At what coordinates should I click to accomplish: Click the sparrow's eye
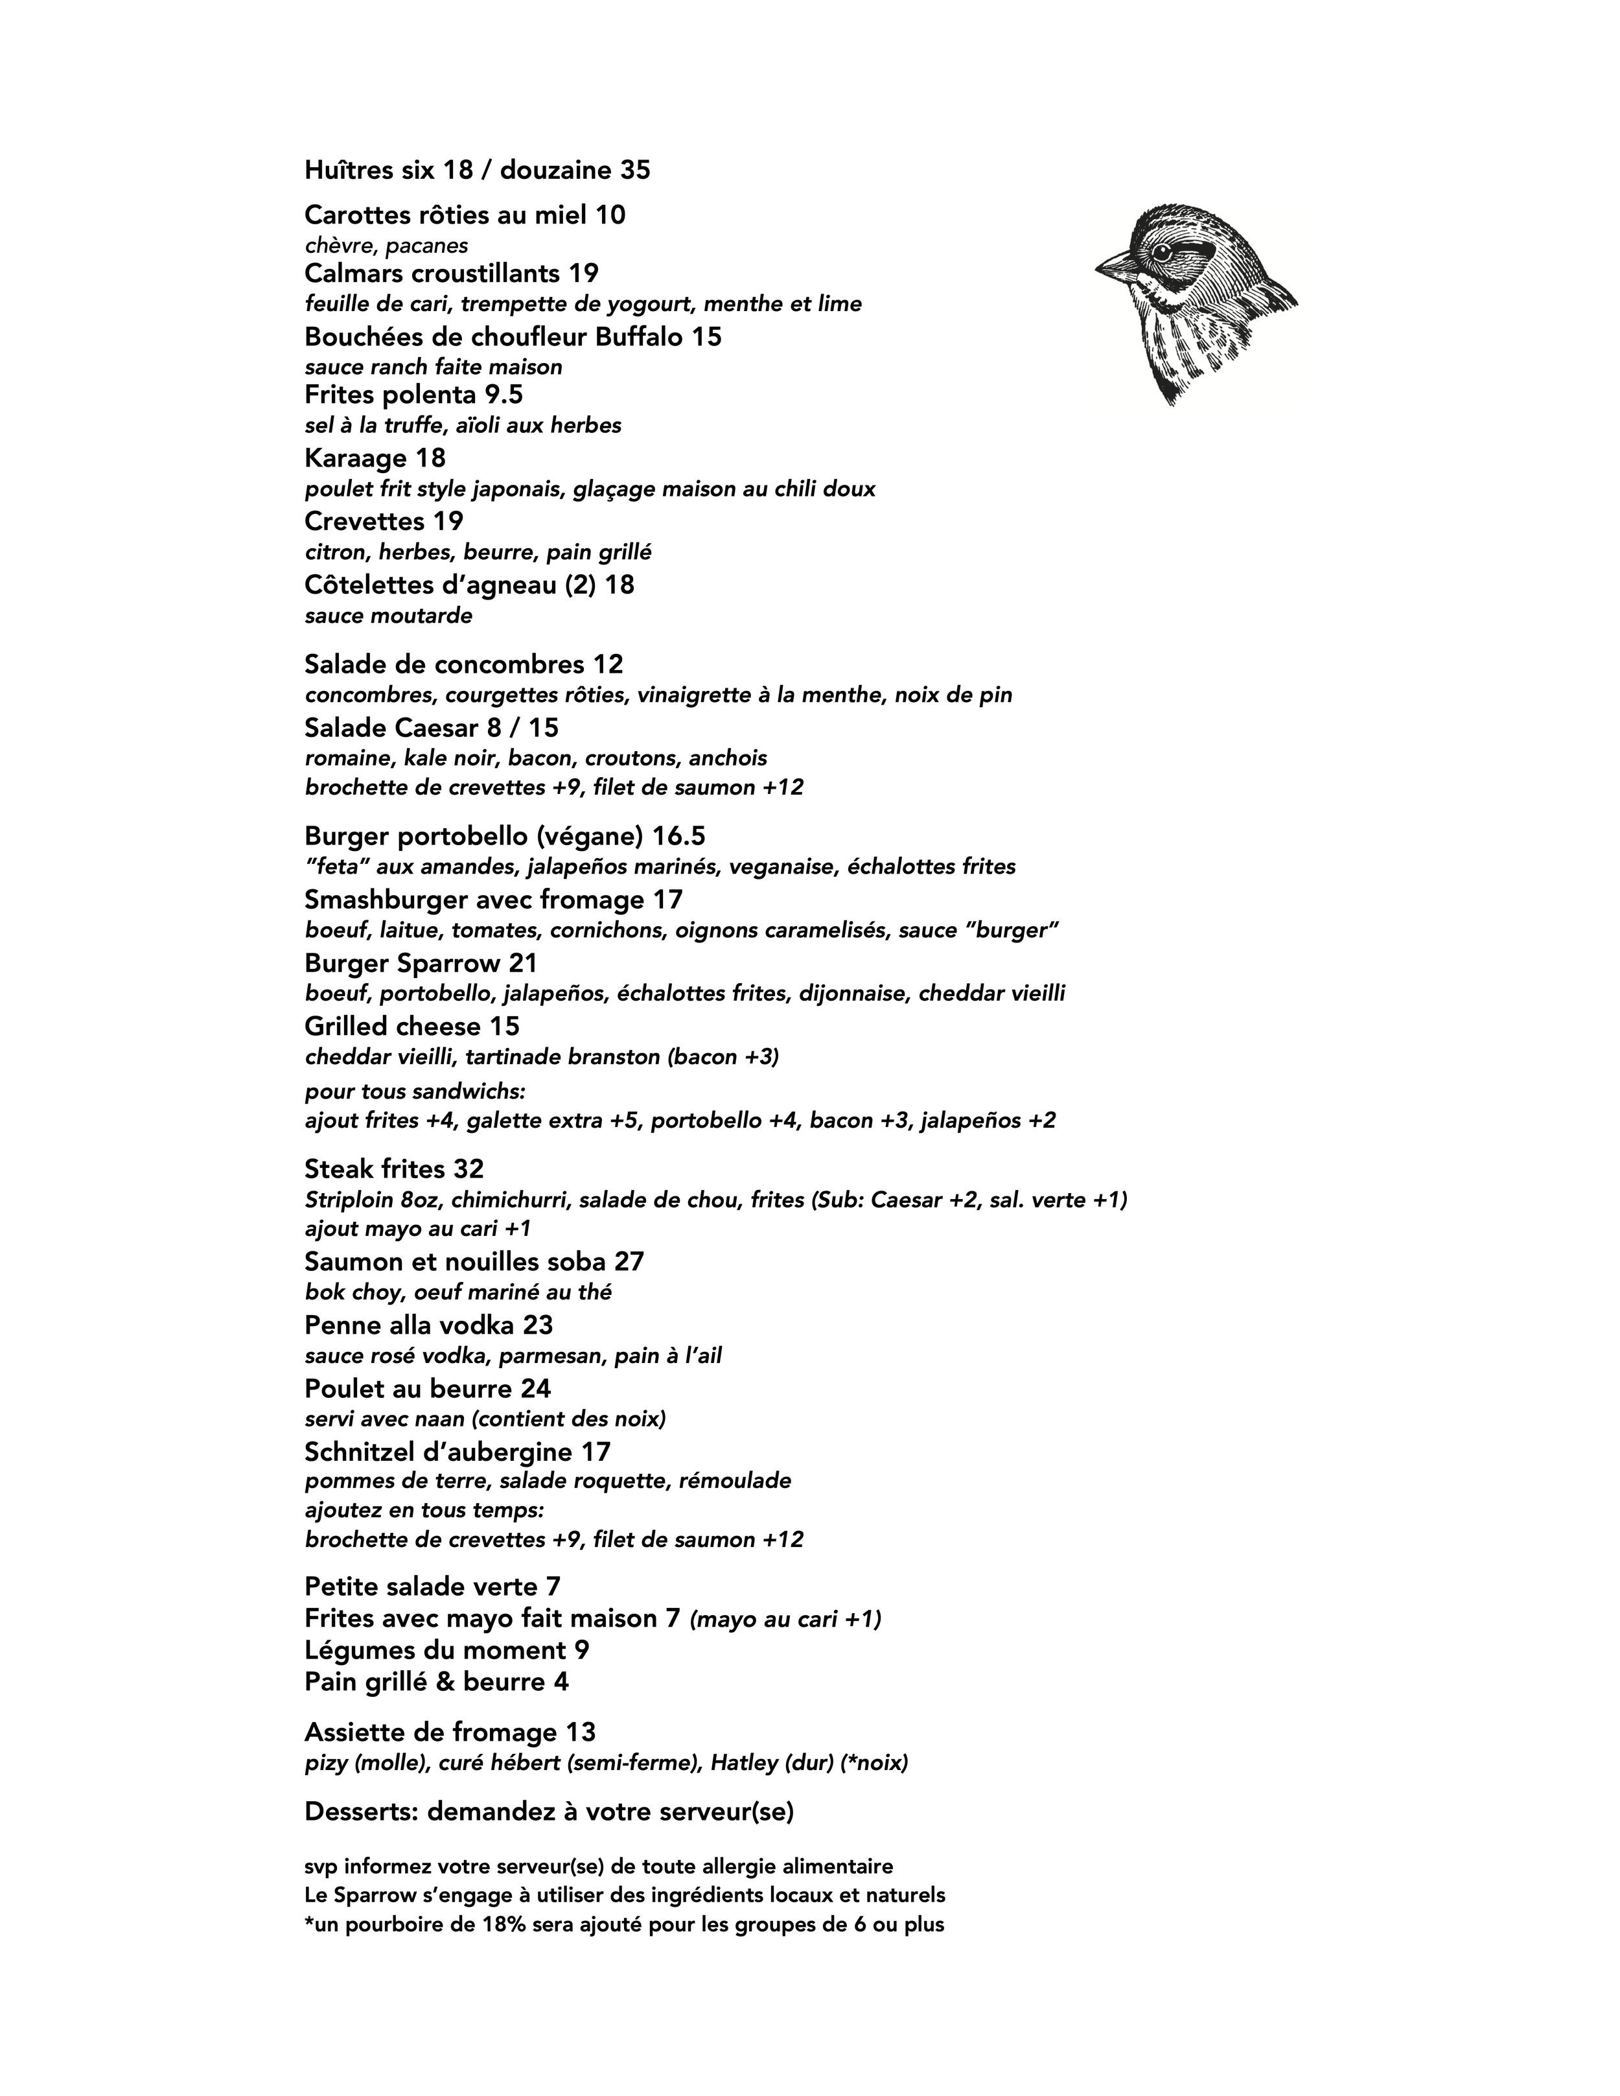pos(1161,251)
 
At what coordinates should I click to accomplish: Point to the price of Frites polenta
pos(504,395)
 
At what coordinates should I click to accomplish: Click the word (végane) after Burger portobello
pos(590,836)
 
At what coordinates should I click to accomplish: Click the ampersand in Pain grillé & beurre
pos(446,1681)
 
